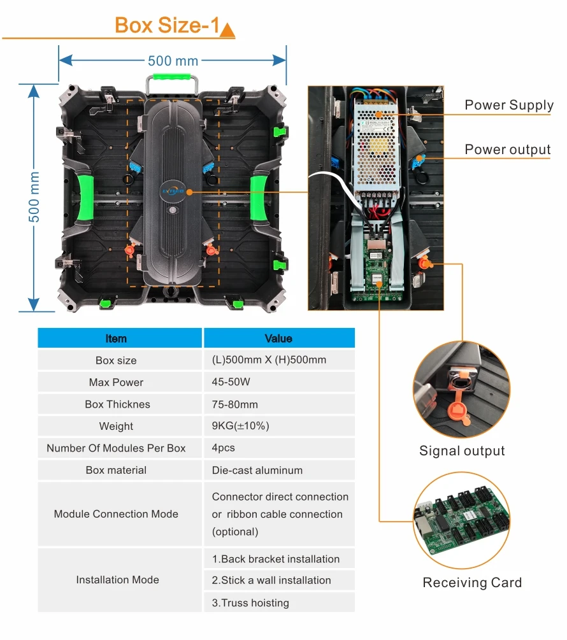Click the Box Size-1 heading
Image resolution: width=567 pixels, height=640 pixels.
click(x=167, y=25)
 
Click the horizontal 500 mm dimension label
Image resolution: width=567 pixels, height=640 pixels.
click(x=173, y=61)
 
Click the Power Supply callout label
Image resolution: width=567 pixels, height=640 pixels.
click(x=508, y=105)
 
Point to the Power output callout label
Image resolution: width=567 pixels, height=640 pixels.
click(x=507, y=150)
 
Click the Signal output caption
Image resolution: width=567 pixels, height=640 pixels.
click(x=462, y=451)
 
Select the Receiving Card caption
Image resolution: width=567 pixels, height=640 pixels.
click(x=472, y=583)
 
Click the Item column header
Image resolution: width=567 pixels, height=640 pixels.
click(x=116, y=338)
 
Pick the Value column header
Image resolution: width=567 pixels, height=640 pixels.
click(x=278, y=338)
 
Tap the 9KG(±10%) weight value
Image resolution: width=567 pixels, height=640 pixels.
click(x=240, y=426)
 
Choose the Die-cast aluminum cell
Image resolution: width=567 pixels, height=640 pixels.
click(x=257, y=470)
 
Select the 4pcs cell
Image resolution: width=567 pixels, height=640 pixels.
click(x=223, y=448)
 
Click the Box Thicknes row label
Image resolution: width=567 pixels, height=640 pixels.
click(x=117, y=404)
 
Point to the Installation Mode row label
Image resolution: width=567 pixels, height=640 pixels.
click(x=117, y=580)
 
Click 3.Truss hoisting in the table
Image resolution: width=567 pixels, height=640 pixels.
click(x=250, y=602)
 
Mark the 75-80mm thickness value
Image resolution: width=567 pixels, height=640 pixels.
click(x=235, y=404)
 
